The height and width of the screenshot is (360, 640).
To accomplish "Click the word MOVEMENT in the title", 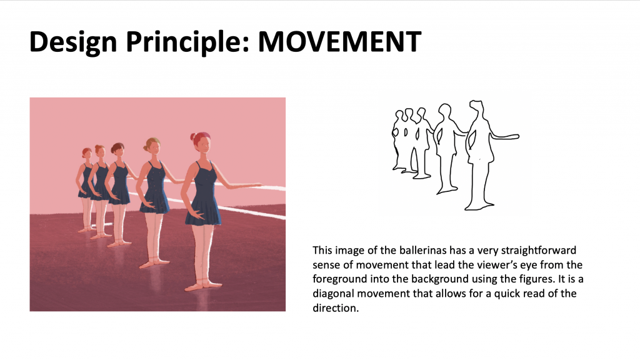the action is tap(339, 41).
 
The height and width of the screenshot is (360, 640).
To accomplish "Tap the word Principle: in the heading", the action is tap(187, 42).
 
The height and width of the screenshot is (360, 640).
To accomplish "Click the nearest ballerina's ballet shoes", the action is tap(203, 285).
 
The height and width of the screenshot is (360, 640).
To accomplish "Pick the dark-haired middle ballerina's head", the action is tap(118, 149).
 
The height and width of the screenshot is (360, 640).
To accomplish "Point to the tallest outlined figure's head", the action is tap(476, 107).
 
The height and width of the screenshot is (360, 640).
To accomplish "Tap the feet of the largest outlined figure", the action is tap(479, 206).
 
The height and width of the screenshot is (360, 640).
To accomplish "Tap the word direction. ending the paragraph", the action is tap(336, 308).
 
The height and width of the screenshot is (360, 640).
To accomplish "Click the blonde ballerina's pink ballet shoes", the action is tap(154, 263).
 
